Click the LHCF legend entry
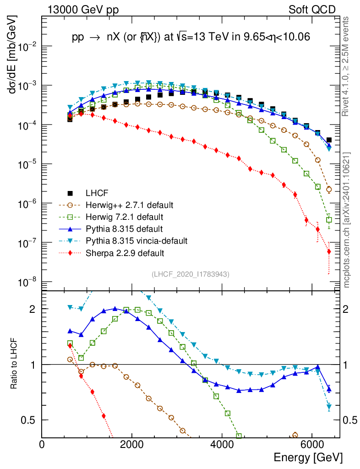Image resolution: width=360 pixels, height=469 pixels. (x=97, y=193)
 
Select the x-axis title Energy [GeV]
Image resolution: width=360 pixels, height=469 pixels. (x=308, y=458)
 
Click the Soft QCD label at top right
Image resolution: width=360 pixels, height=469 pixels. (x=312, y=10)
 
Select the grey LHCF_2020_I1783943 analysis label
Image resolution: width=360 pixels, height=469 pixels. (x=191, y=274)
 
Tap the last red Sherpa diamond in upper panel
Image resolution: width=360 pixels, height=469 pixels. (x=329, y=251)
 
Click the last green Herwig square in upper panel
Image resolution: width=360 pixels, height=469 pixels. (x=329, y=220)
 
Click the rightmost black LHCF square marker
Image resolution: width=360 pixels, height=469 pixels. (x=329, y=140)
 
